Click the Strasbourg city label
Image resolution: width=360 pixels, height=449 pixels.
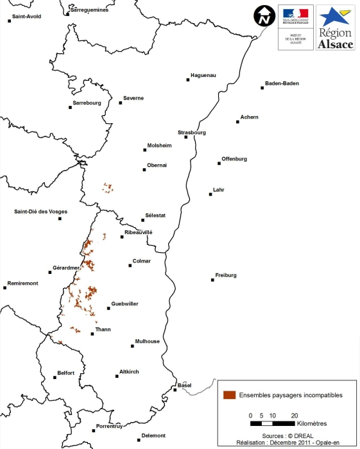click(x=192, y=133)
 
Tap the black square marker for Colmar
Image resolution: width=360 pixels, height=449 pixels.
click(x=130, y=266)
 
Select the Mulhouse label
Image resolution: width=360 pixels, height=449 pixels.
click(x=147, y=341)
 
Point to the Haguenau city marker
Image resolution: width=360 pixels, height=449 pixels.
click(x=189, y=80)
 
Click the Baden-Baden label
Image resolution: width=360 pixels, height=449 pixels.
click(x=282, y=83)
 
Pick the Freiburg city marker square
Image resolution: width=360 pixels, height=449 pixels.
click(x=212, y=280)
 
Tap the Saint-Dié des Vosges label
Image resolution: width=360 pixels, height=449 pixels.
click(x=41, y=212)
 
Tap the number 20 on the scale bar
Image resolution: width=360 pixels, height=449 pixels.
click(x=295, y=415)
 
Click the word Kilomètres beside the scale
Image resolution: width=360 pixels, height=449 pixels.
click(x=313, y=424)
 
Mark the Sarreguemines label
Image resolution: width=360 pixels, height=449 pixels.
click(x=89, y=10)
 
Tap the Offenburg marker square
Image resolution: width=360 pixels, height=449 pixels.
click(x=219, y=164)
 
